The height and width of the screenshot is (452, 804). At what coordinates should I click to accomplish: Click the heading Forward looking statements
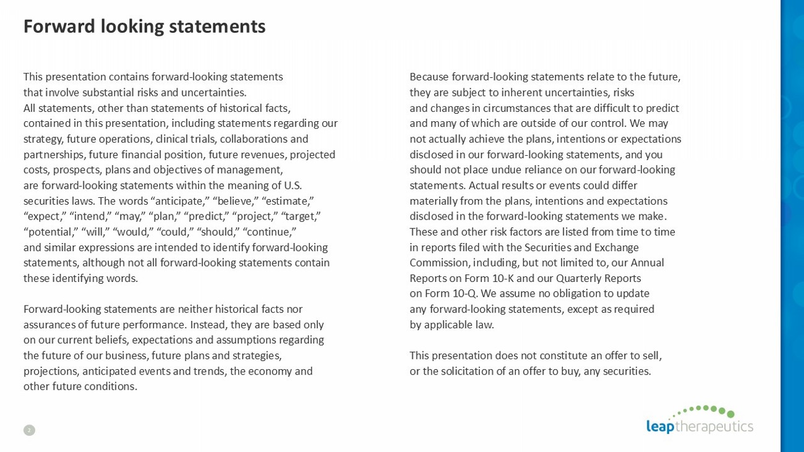pos(144,27)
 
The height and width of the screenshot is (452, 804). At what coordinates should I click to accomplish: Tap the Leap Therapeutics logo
pos(699,420)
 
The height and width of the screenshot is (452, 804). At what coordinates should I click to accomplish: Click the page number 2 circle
pos(29,430)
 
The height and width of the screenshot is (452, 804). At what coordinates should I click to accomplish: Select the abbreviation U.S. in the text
pos(293,185)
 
